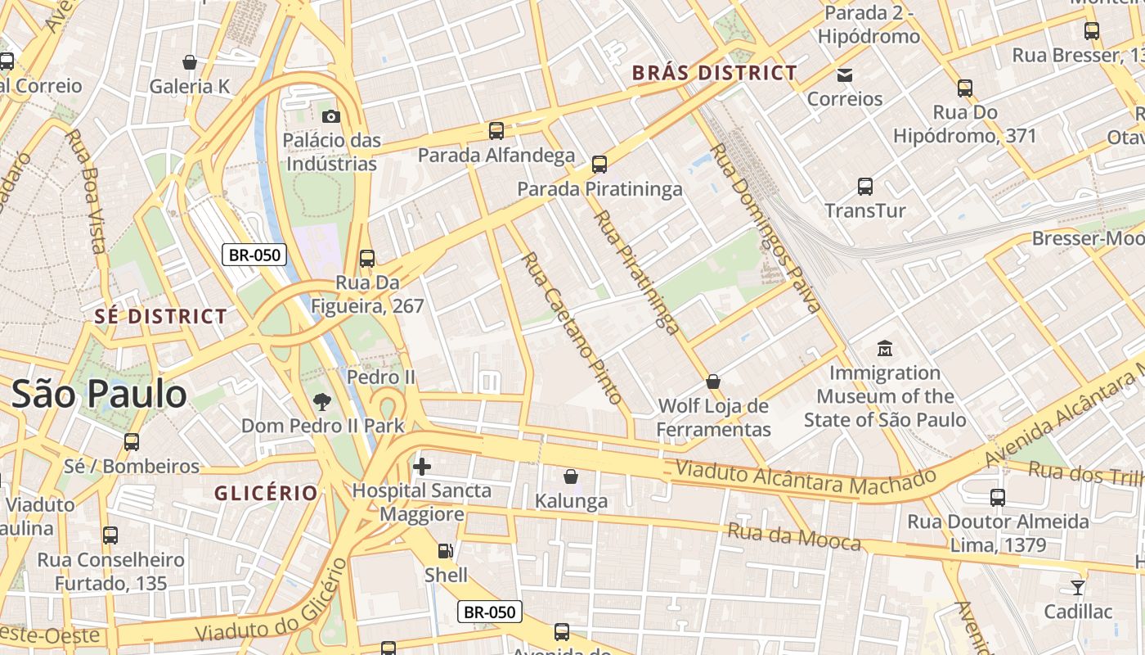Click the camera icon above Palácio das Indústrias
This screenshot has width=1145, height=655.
[x=331, y=116]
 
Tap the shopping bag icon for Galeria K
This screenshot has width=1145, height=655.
[x=190, y=62]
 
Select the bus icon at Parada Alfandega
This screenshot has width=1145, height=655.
[x=496, y=130]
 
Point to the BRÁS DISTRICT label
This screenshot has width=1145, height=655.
[x=715, y=73]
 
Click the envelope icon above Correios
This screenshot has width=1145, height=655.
[x=845, y=75]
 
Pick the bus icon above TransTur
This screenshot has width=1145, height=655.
[x=865, y=187]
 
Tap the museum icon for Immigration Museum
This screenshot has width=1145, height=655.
[x=884, y=349]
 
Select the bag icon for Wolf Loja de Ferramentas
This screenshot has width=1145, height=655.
[x=713, y=382]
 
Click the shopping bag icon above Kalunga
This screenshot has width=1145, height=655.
[x=571, y=477]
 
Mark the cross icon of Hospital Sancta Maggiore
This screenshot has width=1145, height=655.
[x=422, y=467]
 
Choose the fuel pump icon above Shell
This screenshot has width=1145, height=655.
[x=445, y=551]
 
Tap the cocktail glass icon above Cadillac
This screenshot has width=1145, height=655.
[x=1078, y=587]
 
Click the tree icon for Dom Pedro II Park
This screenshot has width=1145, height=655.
[x=322, y=401]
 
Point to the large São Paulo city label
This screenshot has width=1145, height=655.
[x=99, y=395]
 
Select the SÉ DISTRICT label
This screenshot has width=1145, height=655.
[x=160, y=316]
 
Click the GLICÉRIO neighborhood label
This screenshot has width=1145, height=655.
[x=266, y=493]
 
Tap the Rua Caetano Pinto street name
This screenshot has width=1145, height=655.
[x=572, y=327]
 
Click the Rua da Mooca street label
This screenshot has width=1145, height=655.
[x=794, y=537]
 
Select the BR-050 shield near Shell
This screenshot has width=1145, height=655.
[x=489, y=612]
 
